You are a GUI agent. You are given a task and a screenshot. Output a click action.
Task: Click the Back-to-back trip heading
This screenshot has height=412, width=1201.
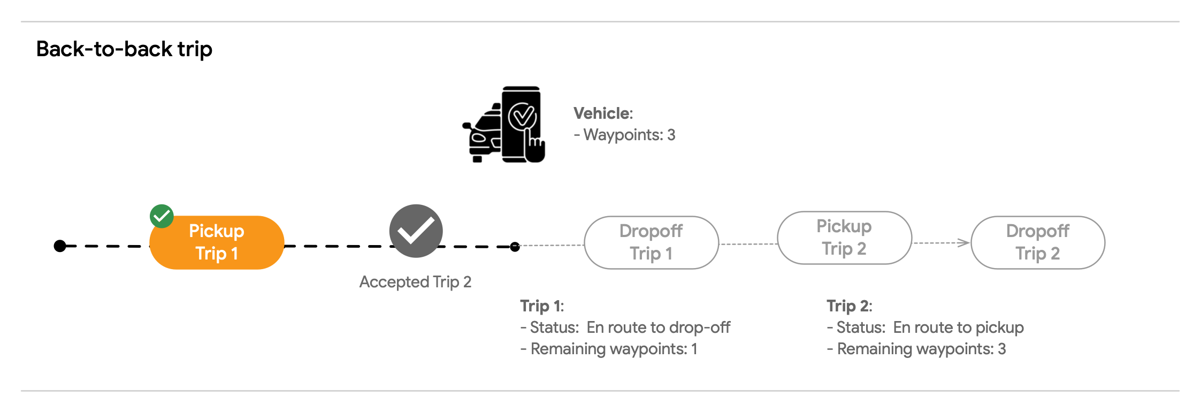pos(124,49)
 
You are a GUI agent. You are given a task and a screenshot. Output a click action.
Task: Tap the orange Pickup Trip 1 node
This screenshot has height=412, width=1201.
pos(217,242)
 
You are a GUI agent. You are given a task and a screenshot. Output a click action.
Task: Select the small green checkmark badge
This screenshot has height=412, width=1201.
pos(162,216)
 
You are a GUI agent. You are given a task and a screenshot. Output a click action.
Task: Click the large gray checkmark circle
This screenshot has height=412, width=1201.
pos(416,231)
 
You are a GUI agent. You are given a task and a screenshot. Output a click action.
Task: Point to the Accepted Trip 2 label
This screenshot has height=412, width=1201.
pos(415,282)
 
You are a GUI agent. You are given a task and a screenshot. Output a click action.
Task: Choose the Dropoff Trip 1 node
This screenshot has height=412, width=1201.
pos(651,242)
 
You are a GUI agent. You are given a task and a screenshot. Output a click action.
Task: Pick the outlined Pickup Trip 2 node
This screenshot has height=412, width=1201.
pos(844,238)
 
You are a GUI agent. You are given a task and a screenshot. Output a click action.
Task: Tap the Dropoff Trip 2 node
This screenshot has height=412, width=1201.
pos(1038,242)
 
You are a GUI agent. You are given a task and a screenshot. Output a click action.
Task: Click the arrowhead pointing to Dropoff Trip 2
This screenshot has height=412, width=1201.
pos(964,243)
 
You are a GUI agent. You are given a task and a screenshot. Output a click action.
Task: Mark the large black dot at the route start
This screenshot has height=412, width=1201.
pos(60,246)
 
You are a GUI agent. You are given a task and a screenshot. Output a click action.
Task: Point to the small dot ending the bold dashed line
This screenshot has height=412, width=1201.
pos(515,247)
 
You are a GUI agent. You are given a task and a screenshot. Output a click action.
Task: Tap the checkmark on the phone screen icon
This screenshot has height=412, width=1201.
pos(522,116)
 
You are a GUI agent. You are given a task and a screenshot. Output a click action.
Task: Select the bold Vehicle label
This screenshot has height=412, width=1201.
pos(603,113)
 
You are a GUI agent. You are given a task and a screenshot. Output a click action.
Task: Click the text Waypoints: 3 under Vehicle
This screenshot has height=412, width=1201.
pos(624,135)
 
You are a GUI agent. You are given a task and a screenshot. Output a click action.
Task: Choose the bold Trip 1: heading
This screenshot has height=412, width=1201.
pos(542,306)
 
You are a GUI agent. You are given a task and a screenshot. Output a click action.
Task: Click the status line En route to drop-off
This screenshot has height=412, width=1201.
pos(625,327)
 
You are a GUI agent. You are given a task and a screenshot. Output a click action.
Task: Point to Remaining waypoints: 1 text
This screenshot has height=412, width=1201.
pos(609,349)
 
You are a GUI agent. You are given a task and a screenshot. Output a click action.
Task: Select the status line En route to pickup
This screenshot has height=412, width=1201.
pos(925,327)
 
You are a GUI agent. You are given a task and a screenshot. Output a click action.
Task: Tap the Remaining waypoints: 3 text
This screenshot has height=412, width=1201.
pos(916,349)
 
